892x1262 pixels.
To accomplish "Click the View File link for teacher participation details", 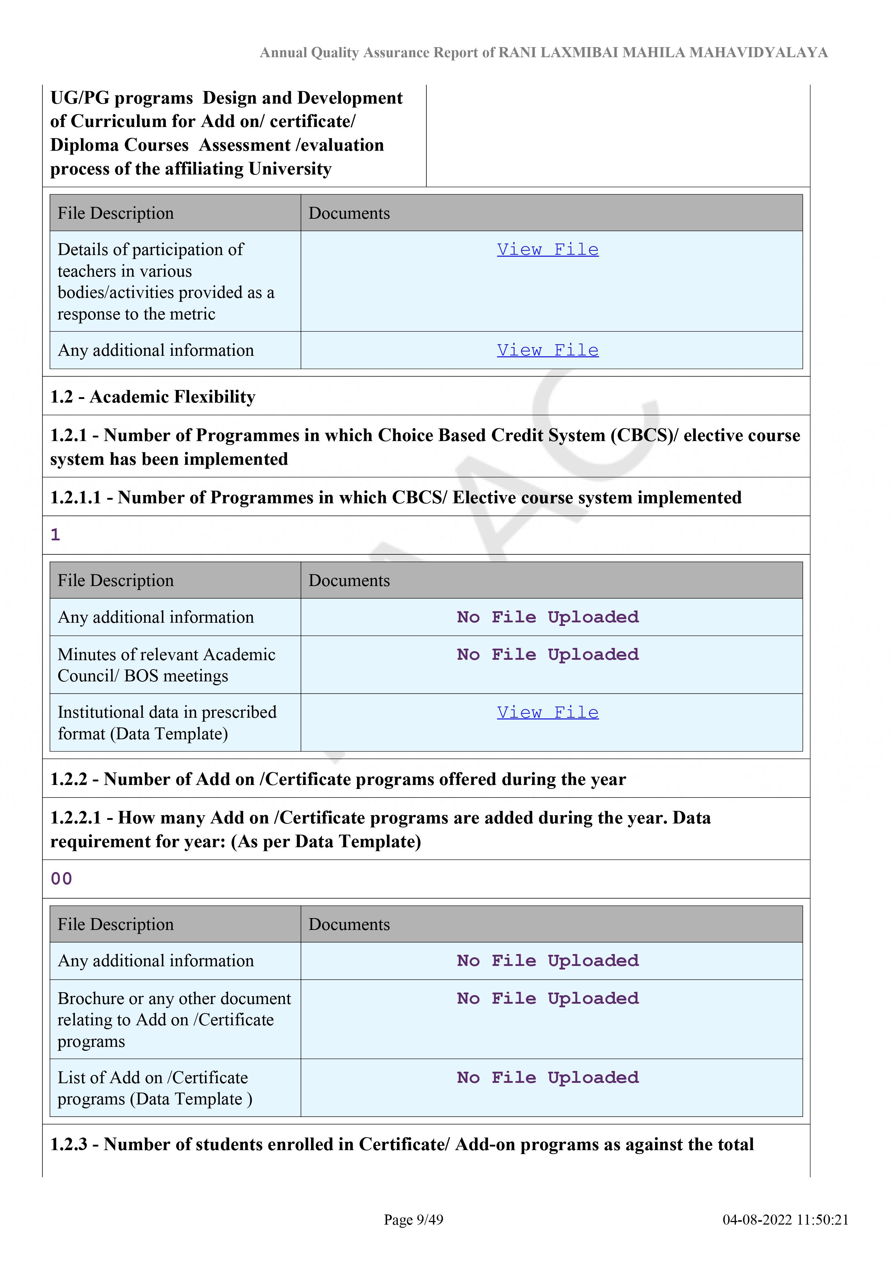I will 548,250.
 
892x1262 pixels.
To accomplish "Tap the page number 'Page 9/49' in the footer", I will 413,1220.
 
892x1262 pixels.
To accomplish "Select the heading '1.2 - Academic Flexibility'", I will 153,396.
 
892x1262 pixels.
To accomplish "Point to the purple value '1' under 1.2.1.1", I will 55,535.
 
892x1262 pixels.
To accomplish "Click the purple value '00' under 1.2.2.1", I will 61,879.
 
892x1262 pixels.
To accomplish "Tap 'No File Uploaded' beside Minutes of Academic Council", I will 548,655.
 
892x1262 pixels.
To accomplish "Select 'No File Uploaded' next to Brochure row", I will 548,998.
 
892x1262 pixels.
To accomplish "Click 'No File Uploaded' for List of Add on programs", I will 548,1077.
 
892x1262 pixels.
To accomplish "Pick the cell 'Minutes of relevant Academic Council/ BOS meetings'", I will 166,665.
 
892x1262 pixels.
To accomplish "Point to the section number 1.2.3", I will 69,1144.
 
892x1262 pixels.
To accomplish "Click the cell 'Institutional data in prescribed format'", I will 167,723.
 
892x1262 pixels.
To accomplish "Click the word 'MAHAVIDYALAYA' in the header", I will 759,53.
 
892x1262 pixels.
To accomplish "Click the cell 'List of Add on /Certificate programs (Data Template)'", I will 155,1088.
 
